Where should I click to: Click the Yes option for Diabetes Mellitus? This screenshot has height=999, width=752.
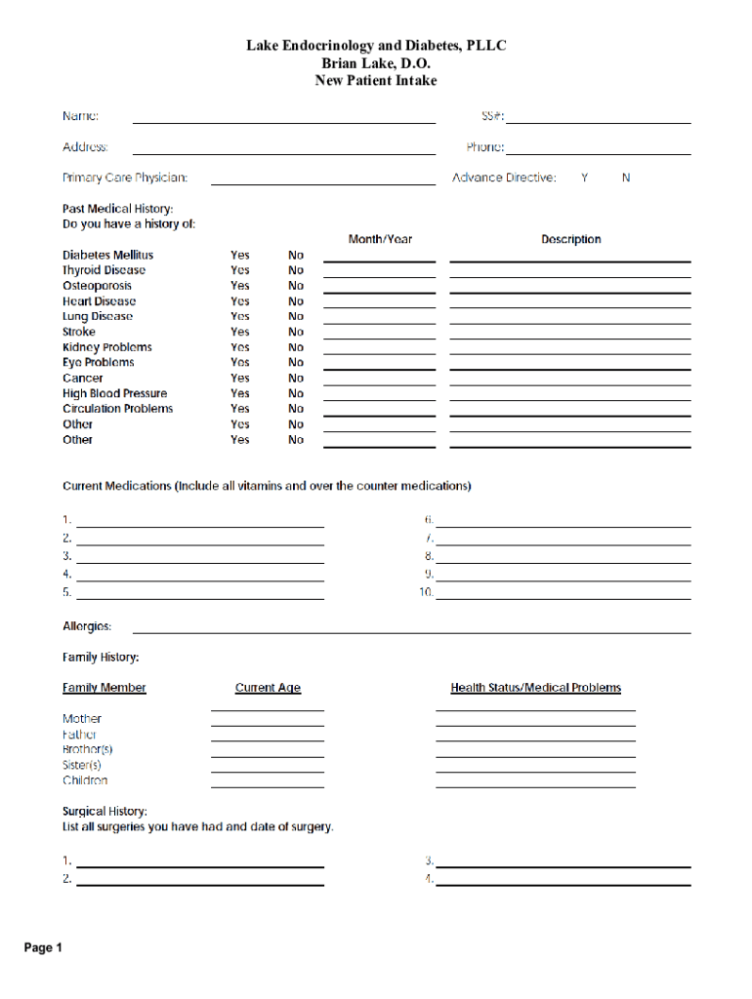pyautogui.click(x=239, y=256)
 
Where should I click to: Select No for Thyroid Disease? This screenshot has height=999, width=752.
pyautogui.click(x=296, y=270)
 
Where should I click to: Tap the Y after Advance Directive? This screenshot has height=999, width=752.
pyautogui.click(x=584, y=178)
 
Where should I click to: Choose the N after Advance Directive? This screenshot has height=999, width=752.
pyautogui.click(x=626, y=178)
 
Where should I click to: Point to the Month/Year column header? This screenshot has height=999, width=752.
pyautogui.click(x=380, y=239)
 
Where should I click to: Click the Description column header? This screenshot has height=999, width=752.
pyautogui.click(x=571, y=239)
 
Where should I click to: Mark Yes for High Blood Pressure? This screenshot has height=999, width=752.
pyautogui.click(x=239, y=393)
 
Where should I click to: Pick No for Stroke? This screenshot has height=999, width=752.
pyautogui.click(x=296, y=332)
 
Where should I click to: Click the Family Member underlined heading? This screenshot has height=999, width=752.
pyautogui.click(x=104, y=688)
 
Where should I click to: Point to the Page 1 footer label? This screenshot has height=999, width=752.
pyautogui.click(x=44, y=947)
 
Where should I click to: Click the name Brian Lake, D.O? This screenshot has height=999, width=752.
pyautogui.click(x=376, y=63)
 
